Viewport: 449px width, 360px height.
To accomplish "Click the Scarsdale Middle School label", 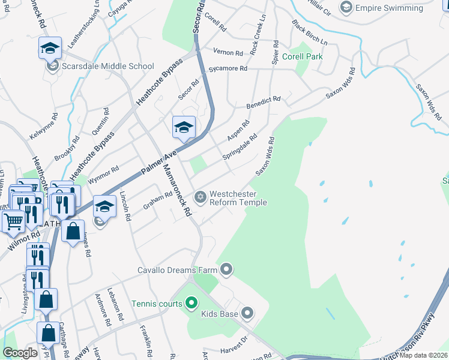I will click(x=108, y=66).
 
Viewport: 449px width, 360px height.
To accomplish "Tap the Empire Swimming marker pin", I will click(x=346, y=8).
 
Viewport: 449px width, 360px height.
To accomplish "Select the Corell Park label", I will click(x=303, y=57).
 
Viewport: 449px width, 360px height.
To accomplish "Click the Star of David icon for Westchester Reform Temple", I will click(x=200, y=197).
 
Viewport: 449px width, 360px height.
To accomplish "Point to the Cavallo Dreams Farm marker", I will click(x=226, y=269).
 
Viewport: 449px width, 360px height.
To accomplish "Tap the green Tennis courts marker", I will click(x=191, y=304).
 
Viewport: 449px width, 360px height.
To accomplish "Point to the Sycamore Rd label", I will click(x=228, y=69).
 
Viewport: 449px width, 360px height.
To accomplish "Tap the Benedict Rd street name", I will click(x=264, y=102).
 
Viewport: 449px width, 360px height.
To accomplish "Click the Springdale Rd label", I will click(x=240, y=147).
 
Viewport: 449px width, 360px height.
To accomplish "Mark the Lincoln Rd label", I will click(x=124, y=206).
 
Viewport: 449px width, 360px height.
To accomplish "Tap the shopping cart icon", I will click(x=13, y=221).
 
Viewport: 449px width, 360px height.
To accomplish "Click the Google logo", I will click(x=20, y=353).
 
